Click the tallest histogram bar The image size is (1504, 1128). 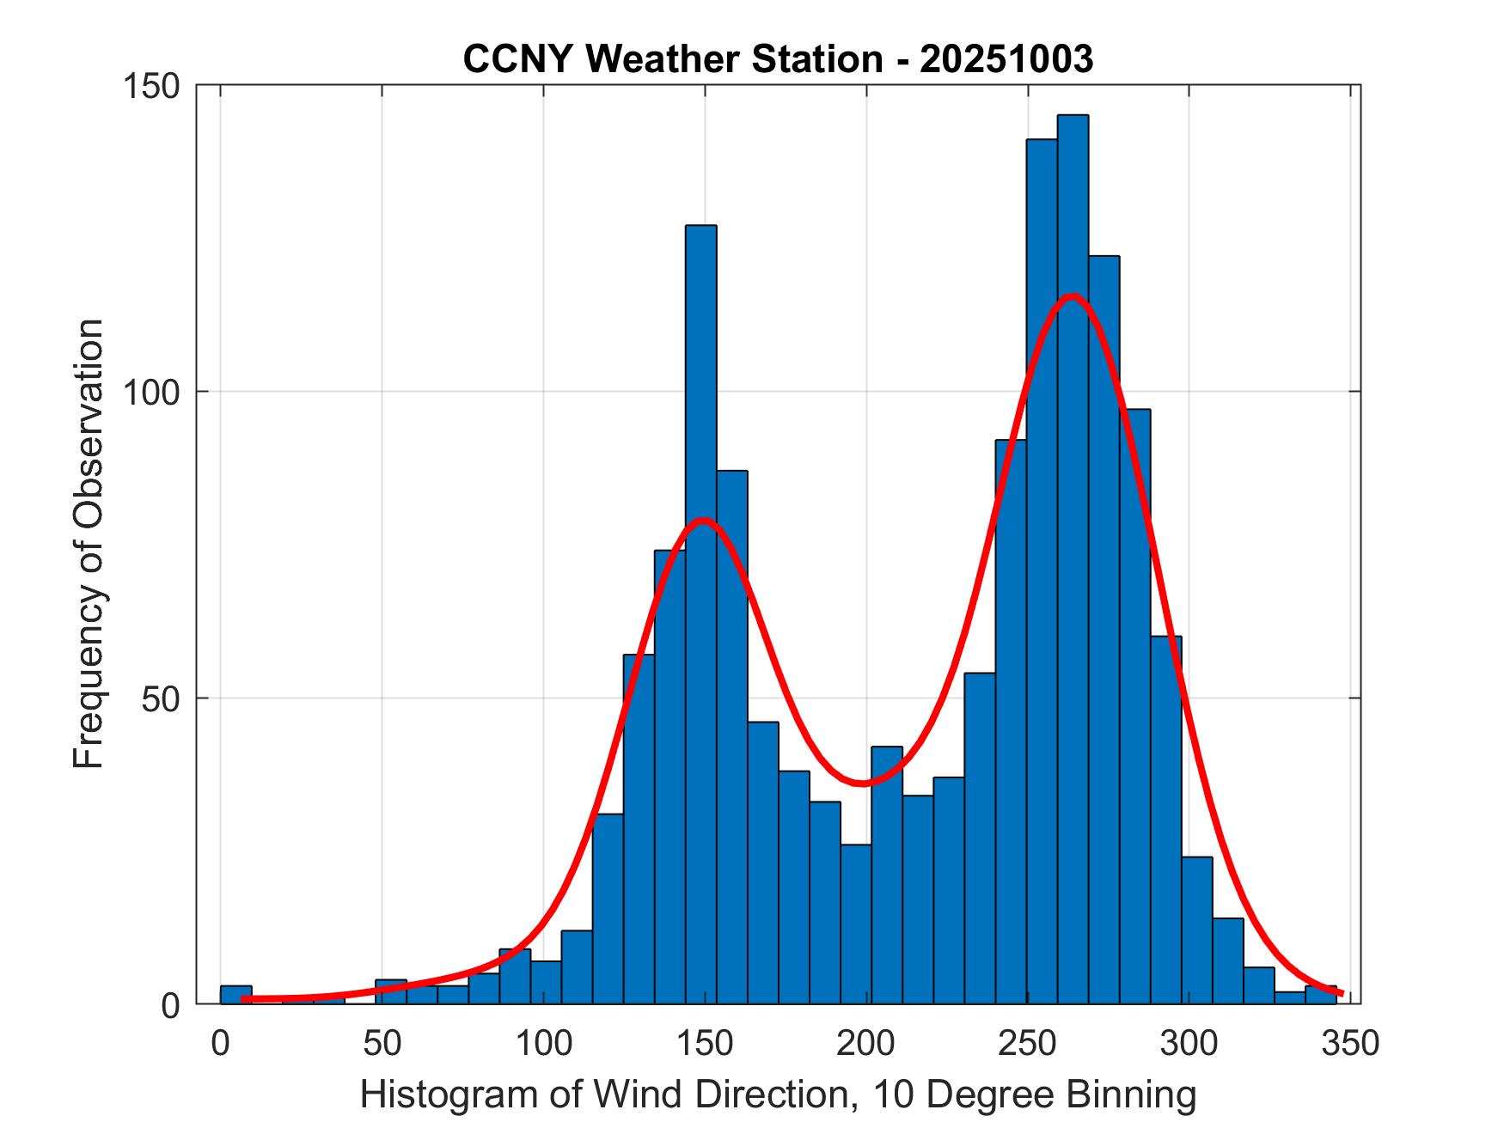1073,558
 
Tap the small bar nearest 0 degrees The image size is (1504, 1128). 235,994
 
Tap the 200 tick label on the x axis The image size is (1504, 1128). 866,1043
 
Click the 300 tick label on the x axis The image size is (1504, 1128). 1189,1043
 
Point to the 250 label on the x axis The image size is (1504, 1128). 1028,1043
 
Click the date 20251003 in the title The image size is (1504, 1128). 1006,59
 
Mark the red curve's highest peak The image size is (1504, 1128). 1072,296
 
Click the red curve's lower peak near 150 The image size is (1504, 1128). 704,521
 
